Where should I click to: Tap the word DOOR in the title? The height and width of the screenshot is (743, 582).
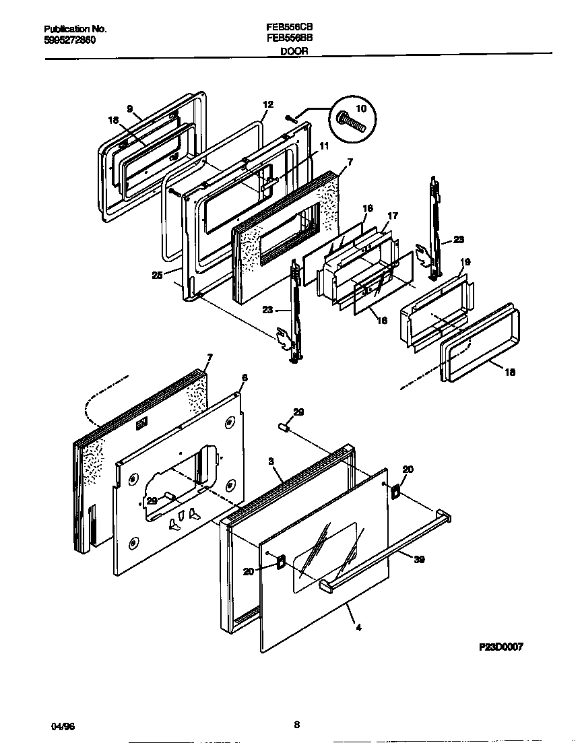point(294,50)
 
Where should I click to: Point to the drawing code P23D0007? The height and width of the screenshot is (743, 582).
point(500,646)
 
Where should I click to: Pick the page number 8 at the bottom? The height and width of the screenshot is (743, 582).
point(296,725)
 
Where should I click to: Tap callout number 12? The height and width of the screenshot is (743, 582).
point(267,104)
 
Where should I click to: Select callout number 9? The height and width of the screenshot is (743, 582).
point(130,108)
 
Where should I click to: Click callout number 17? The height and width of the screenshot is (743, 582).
point(393,216)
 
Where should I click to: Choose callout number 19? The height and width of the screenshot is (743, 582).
point(465,261)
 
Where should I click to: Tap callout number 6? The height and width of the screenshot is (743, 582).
point(245,378)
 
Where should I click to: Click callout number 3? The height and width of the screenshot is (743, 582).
point(271,461)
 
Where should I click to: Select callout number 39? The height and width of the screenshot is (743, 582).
point(420,559)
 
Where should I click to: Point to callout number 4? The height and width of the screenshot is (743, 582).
point(358,628)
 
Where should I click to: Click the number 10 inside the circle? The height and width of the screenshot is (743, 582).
point(361,108)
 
